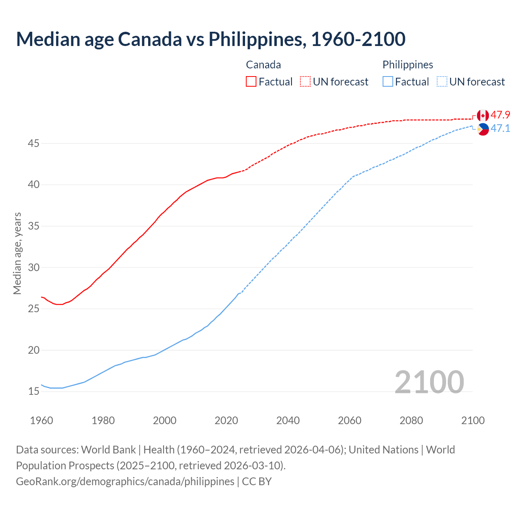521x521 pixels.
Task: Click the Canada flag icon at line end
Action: click(x=483, y=116)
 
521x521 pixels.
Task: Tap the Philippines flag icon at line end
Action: click(x=483, y=129)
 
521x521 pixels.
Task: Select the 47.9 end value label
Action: click(x=500, y=115)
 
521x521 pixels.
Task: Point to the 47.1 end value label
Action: click(x=500, y=129)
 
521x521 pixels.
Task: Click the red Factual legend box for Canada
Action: click(x=251, y=82)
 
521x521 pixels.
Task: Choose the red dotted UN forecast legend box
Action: click(x=305, y=82)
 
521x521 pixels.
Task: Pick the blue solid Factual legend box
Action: click(x=388, y=82)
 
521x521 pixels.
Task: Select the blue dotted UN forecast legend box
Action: click(x=442, y=82)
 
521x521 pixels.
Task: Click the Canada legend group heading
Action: click(x=263, y=65)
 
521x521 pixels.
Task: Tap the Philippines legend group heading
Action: click(x=407, y=65)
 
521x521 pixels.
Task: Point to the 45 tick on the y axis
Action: click(x=34, y=144)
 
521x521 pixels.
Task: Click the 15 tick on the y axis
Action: click(x=34, y=392)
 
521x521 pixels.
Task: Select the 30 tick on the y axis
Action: click(x=34, y=267)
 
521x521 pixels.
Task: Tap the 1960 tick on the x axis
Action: click(x=42, y=420)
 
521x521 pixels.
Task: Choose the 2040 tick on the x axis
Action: click(x=288, y=420)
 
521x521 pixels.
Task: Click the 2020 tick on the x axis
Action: click(x=226, y=420)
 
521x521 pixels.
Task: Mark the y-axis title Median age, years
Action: click(x=17, y=253)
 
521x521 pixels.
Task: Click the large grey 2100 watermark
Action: click(x=429, y=382)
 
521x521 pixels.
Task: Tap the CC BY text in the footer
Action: click(x=257, y=482)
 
